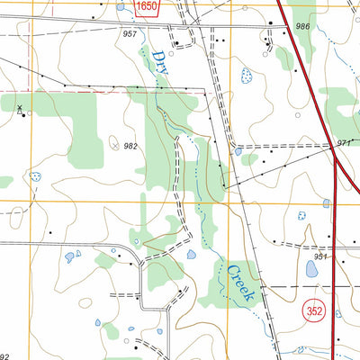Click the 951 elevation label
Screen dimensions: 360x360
pos(322,256)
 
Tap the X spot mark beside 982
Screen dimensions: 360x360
pos(114,142)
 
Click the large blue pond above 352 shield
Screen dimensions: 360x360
pos(312,269)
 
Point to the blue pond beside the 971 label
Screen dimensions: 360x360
pos(238,151)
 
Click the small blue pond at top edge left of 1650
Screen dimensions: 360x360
pos(121,4)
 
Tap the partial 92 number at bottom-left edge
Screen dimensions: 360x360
pos(4,356)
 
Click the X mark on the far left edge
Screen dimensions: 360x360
pos(21,107)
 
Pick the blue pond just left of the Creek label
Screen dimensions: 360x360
pos(193,255)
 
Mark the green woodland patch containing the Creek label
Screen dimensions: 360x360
pos(225,281)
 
